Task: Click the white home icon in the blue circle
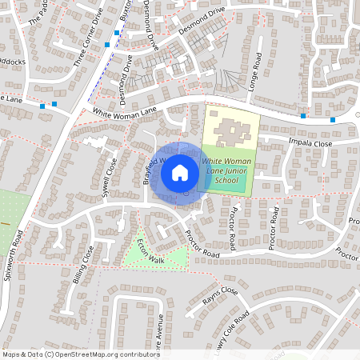(x=180, y=171)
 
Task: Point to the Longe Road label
(x=257, y=72)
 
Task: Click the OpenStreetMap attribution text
(x=79, y=354)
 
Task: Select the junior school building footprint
(x=230, y=128)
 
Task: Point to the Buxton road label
(x=125, y=10)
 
